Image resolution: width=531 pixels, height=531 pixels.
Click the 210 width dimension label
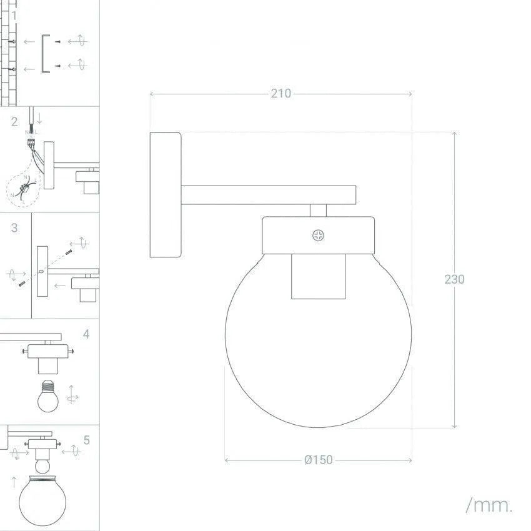[280, 94]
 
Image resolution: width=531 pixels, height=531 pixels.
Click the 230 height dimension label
[454, 279]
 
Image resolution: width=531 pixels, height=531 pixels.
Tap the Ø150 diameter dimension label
[319, 460]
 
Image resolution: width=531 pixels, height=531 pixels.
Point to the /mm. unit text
[489, 505]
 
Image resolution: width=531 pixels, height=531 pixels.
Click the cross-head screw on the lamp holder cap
[319, 236]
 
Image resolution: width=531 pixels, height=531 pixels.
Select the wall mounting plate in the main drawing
[166, 195]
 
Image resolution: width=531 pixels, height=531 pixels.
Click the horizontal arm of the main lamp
[269, 195]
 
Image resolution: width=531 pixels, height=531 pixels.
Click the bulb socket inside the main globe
[318, 276]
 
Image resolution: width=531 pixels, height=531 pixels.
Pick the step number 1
[14, 15]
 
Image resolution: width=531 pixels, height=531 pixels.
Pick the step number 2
[14, 122]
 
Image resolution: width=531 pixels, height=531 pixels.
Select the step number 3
[14, 228]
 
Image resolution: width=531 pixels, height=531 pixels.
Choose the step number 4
[86, 334]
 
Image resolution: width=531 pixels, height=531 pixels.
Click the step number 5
[86, 440]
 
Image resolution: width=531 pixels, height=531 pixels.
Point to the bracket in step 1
[44, 54]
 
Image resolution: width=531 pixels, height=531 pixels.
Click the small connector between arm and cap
[318, 210]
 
